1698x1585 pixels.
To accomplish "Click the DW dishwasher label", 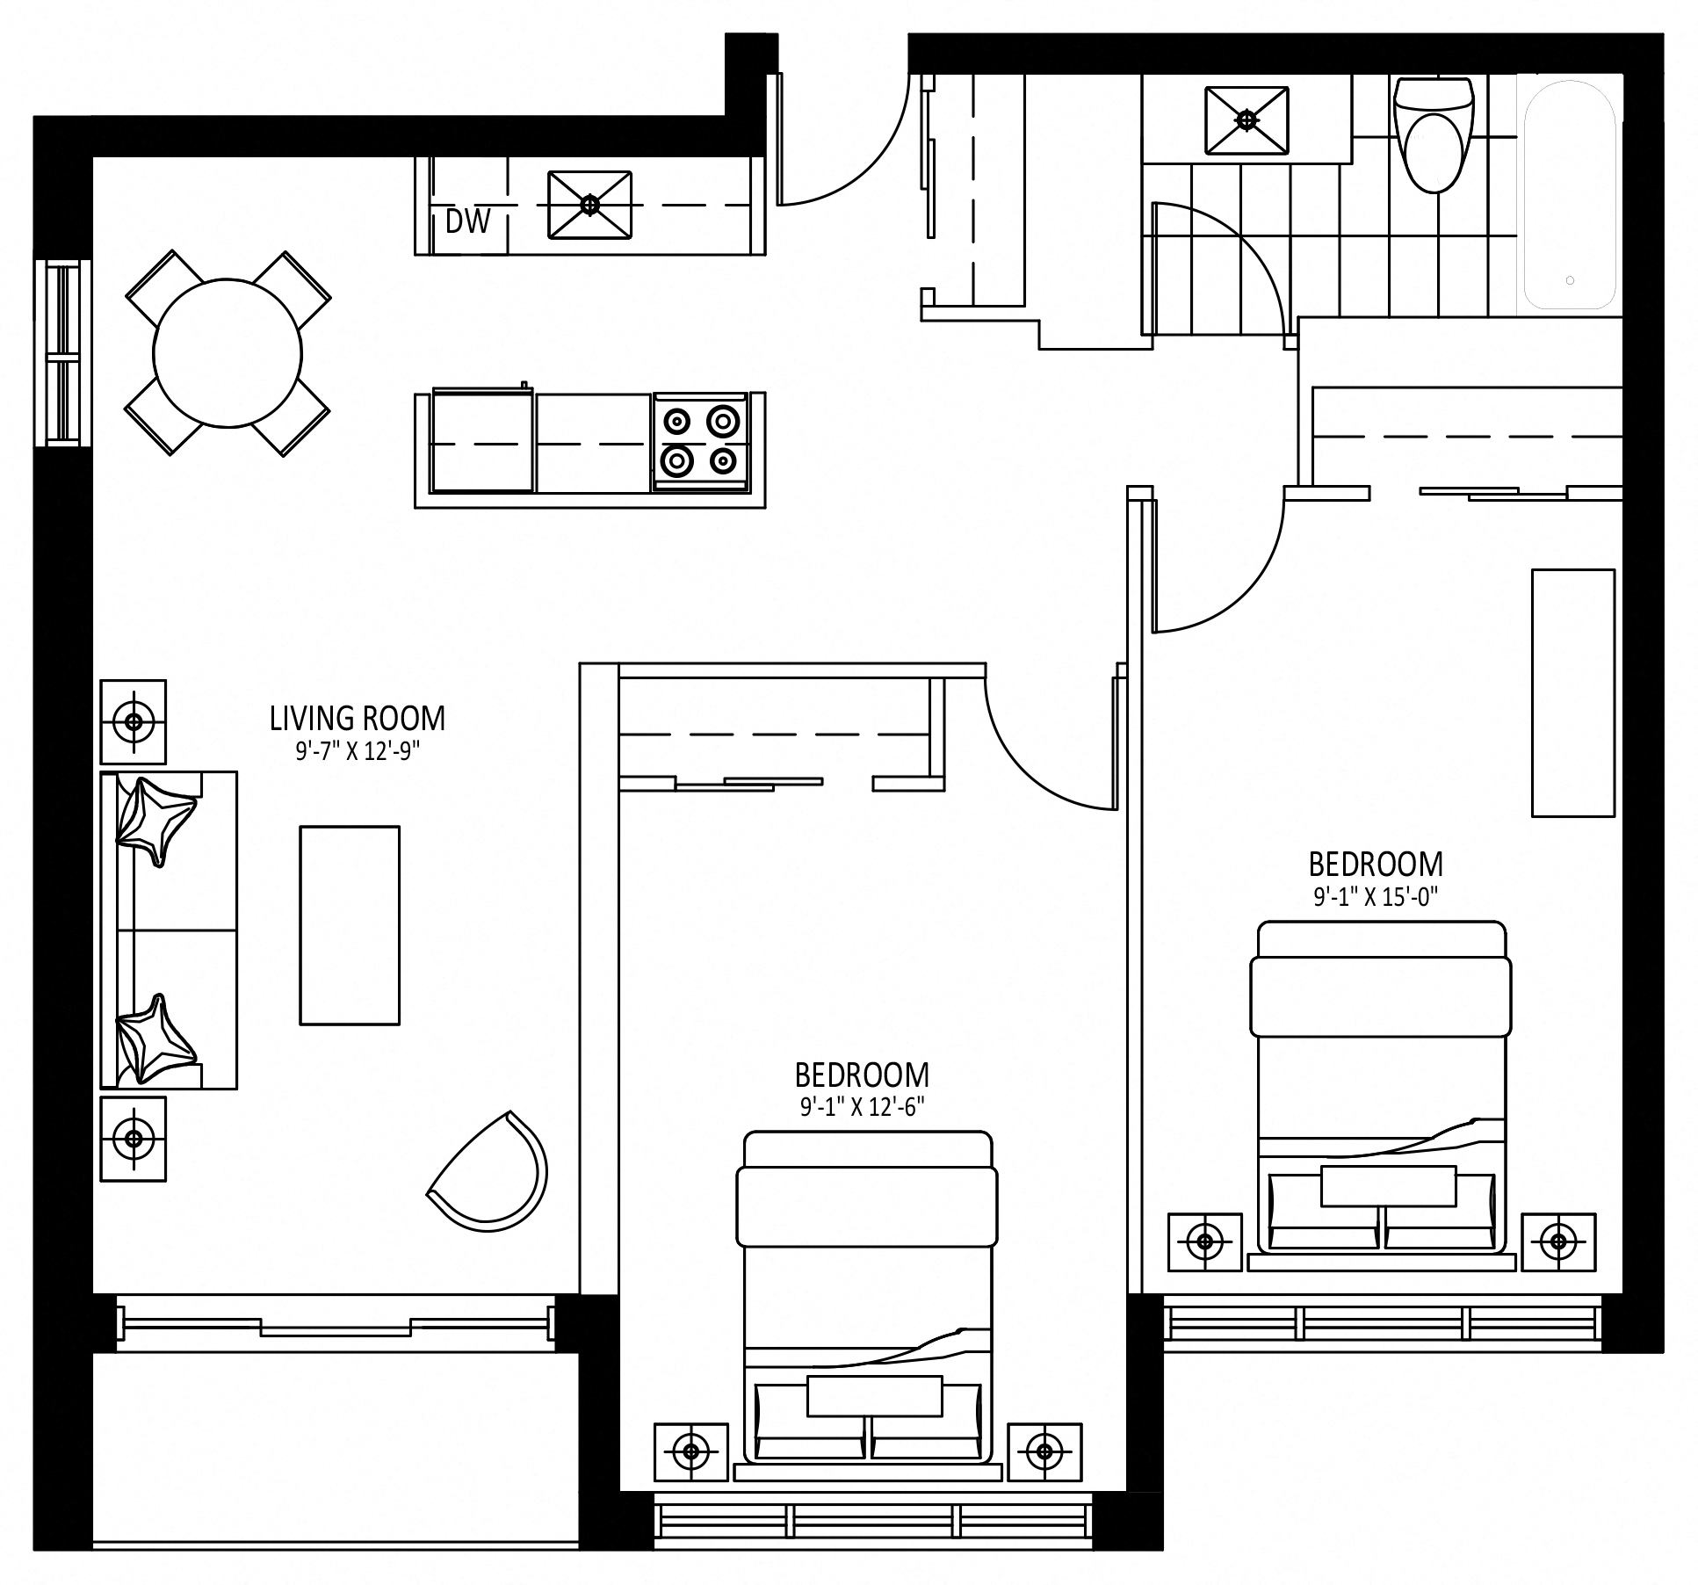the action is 467,221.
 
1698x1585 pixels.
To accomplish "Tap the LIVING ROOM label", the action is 358,718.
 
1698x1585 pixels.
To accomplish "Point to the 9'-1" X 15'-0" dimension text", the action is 1376,897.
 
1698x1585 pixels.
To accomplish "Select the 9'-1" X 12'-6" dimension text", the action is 862,1107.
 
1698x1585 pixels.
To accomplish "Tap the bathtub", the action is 1570,194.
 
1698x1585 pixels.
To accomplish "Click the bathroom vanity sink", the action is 1246,119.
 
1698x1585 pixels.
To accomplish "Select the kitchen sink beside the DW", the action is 589,205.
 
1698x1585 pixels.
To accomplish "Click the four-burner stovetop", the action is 700,442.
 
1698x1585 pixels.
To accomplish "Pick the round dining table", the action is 228,353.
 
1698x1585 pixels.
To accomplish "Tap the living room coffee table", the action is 350,925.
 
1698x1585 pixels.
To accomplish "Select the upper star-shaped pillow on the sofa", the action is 155,820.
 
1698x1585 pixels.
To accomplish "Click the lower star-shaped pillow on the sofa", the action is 155,1038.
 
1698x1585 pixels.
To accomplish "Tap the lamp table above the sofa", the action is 134,722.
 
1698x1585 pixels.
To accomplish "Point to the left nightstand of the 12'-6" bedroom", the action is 691,1453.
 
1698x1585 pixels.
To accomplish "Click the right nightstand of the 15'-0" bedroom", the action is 1558,1242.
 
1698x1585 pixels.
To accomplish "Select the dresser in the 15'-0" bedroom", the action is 1573,692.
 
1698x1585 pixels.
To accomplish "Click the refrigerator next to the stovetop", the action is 482,442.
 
